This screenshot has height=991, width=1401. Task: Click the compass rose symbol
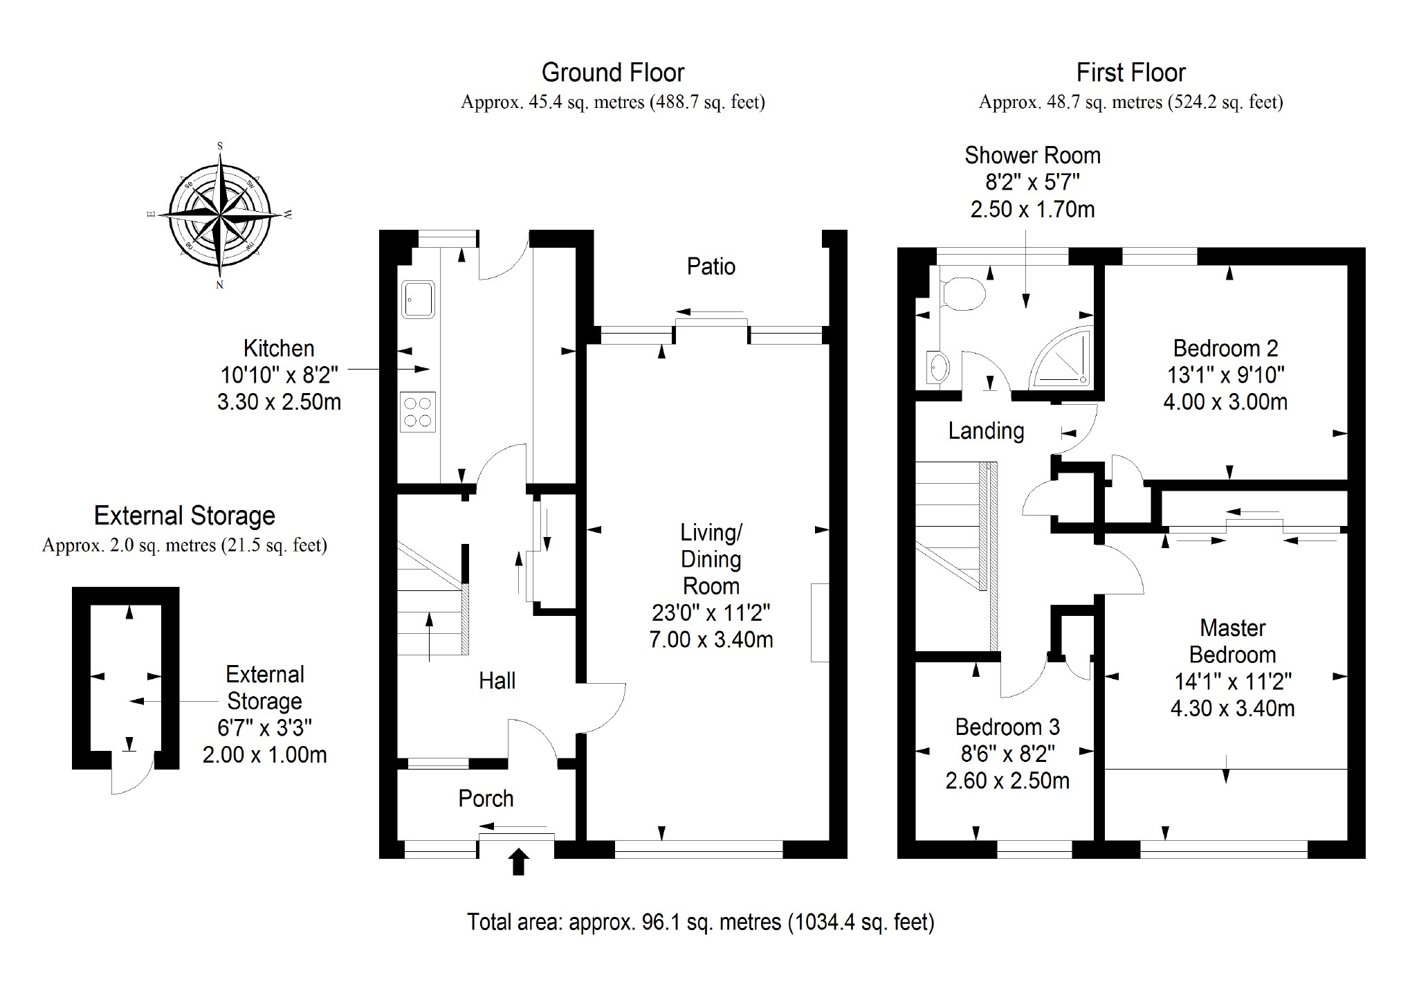tap(220, 215)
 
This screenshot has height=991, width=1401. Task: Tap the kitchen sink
tap(419, 299)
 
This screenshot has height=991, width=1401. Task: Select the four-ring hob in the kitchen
tap(418, 412)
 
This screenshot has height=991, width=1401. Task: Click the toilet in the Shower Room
tap(964, 294)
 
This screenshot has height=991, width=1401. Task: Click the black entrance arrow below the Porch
tap(518, 862)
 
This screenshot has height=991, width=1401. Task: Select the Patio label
tap(711, 266)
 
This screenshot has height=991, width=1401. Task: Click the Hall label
tap(497, 681)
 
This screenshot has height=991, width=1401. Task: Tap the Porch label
tap(486, 799)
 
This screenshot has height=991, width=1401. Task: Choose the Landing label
tap(986, 431)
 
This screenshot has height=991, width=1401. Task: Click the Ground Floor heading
tap(612, 73)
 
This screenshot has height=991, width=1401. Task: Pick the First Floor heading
tap(1130, 73)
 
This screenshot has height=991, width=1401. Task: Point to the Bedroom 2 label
tap(1225, 348)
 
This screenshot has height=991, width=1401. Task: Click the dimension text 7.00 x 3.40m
tap(711, 639)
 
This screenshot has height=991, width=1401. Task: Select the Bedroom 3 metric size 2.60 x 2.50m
tap(1007, 781)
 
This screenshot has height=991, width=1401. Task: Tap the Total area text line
tap(700, 922)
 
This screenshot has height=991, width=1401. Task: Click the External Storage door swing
tap(131, 775)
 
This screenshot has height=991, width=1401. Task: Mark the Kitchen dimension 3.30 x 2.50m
tap(279, 402)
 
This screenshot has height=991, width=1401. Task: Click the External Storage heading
tap(185, 516)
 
